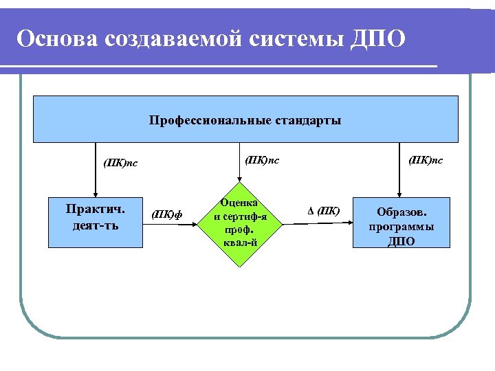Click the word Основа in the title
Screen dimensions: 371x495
[57, 38]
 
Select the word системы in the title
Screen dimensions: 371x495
[296, 38]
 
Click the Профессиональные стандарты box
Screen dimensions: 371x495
[245, 119]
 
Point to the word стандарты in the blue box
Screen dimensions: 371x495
[309, 121]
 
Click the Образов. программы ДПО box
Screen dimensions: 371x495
[401, 223]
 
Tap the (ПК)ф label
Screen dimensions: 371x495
[168, 214]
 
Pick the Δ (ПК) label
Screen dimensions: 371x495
[322, 210]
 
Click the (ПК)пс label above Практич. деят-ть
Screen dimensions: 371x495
[120, 163]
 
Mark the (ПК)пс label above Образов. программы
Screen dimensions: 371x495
[426, 161]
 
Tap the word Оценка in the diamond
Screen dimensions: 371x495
[239, 203]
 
